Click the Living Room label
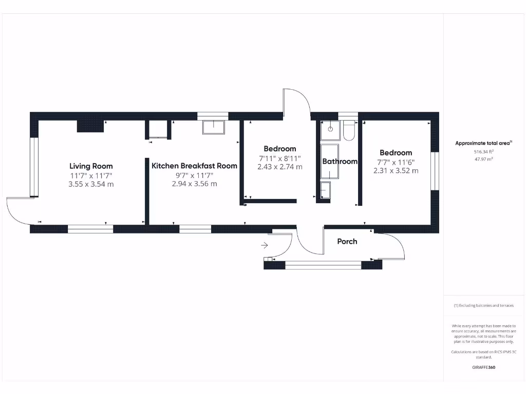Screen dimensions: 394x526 pos(91,166)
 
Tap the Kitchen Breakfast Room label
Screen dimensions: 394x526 pos(194,166)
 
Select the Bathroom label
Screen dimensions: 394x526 pos(340,161)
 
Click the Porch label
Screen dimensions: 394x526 pos(347,241)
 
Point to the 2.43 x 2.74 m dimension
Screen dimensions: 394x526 pos(279,167)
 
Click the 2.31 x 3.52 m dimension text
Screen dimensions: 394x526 pos(396,170)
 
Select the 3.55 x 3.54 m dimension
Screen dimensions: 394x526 pos(91,184)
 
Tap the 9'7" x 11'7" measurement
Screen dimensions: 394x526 pos(194,175)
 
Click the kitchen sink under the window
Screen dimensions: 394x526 pos(213,127)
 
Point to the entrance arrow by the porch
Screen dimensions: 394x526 pos(265,246)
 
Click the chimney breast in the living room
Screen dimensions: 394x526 pos(87,126)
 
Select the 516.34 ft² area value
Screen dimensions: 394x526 pos(483,152)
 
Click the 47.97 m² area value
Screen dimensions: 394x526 pos(483,159)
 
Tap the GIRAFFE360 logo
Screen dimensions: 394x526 pos(483,367)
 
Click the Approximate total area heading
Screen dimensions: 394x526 pos(483,143)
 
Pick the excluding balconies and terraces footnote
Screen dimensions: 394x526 pos(483,305)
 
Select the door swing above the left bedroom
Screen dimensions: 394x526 pos(297,103)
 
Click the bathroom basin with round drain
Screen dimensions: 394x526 pos(330,130)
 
